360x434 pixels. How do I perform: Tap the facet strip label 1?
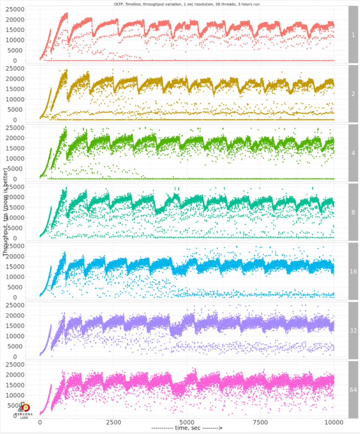point(353,34)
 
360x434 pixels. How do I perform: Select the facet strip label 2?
point(353,94)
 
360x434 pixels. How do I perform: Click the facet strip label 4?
point(353,153)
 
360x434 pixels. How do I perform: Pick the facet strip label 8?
point(353,212)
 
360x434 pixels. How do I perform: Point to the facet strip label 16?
point(353,271)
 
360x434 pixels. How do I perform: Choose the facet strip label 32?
point(353,330)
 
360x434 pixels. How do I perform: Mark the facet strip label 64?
point(353,389)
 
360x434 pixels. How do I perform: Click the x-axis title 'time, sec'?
point(187,429)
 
